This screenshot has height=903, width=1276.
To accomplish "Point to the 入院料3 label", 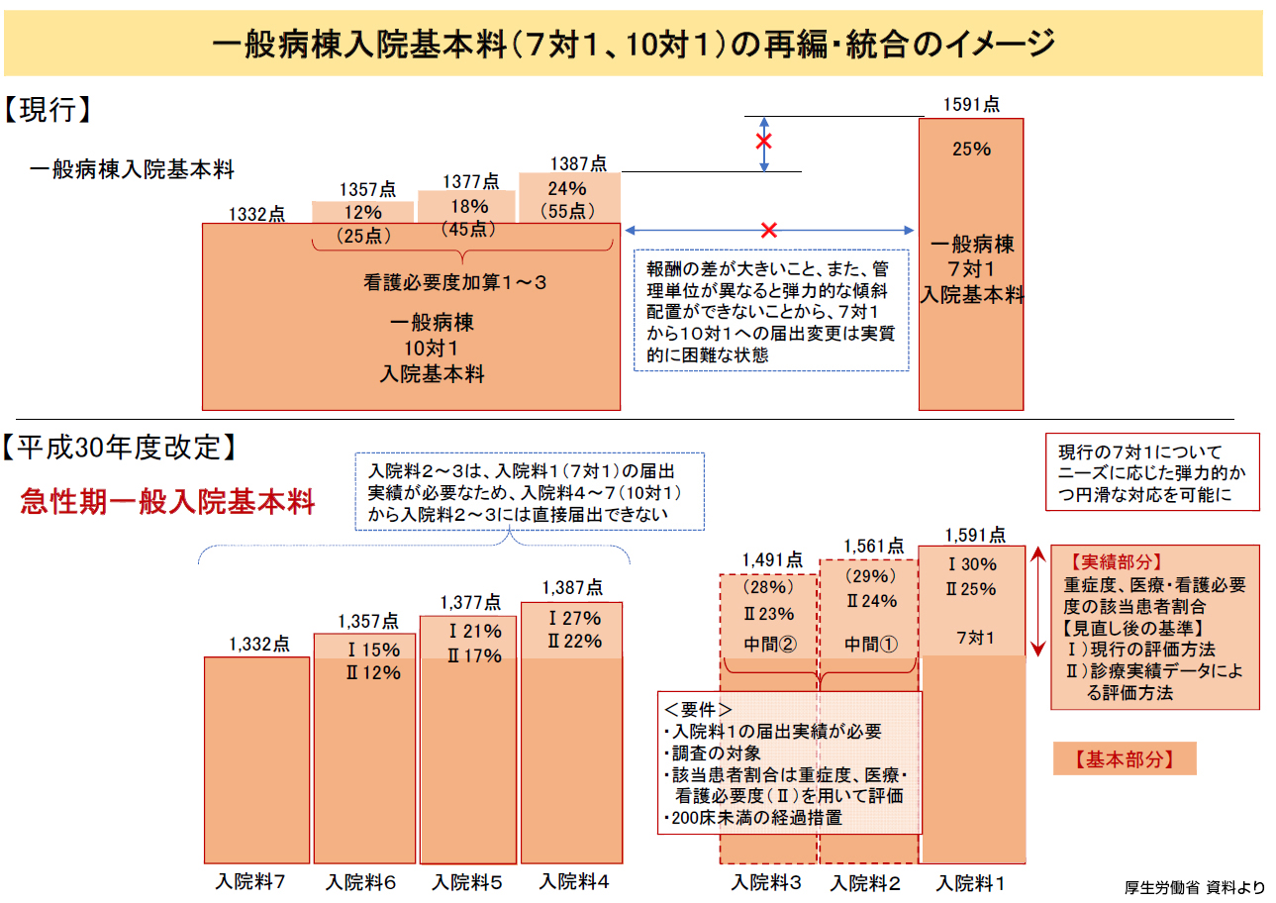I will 767,882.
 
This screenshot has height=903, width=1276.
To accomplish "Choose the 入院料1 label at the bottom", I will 970,882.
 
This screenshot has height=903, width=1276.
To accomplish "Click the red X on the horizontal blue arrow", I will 768,231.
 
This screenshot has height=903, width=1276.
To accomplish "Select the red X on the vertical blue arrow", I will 763,142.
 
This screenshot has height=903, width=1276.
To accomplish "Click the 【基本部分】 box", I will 1124,759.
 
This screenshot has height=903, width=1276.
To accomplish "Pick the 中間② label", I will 769,644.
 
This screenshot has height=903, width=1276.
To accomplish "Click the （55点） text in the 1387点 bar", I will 568,210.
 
